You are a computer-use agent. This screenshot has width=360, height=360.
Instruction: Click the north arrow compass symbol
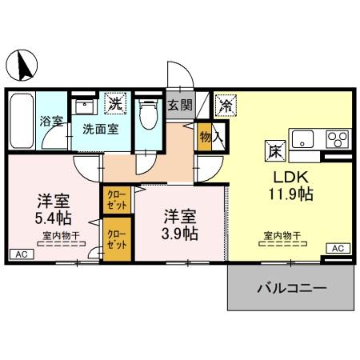click(x=22, y=64)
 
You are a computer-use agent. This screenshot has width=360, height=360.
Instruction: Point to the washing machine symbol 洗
click(x=116, y=103)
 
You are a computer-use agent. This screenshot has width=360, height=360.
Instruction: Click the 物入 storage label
click(x=206, y=136)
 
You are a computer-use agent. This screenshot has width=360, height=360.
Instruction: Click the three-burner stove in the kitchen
click(x=337, y=138)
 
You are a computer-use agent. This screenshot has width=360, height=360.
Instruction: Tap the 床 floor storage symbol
click(x=272, y=149)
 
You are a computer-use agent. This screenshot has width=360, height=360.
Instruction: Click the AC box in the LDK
click(x=337, y=248)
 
